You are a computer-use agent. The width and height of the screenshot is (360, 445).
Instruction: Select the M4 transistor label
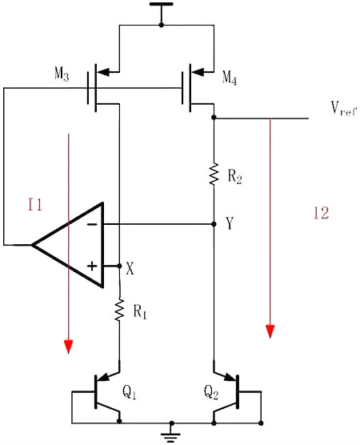pyautogui.click(x=230, y=78)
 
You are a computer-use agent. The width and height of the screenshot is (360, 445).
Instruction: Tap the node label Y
pyautogui.click(x=230, y=225)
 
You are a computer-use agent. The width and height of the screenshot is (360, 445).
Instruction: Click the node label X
pyautogui.click(x=130, y=270)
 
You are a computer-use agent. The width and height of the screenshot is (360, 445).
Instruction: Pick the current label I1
pyautogui.click(x=34, y=206)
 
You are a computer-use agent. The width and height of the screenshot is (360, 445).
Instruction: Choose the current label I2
pyautogui.click(x=320, y=213)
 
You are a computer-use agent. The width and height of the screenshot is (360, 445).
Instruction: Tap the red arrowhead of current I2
pyautogui.click(x=271, y=330)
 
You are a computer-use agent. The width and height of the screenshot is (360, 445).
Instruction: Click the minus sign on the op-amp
pyautogui.click(x=92, y=225)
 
